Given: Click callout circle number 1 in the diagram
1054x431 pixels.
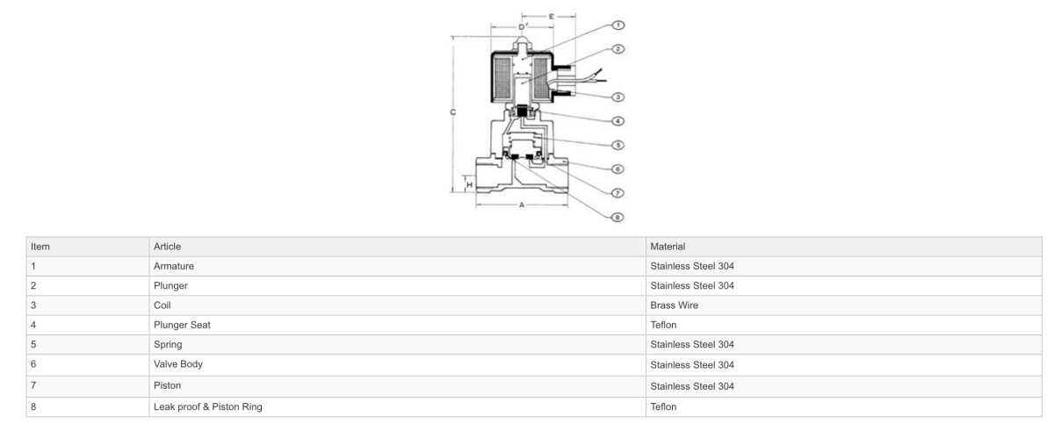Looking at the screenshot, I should click(x=617, y=25).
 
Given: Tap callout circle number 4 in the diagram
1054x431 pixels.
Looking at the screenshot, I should click(x=617, y=120).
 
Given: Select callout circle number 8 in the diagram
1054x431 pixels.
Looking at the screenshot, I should click(x=617, y=216).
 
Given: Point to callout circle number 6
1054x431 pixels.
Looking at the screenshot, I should click(x=617, y=169).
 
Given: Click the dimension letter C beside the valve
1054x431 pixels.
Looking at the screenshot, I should click(x=452, y=112).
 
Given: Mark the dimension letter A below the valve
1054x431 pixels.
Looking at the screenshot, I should click(x=522, y=205).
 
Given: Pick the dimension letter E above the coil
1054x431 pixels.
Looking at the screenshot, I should click(x=551, y=16).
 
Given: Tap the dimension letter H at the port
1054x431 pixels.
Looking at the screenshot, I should click(x=470, y=185).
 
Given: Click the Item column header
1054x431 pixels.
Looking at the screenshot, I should click(x=40, y=247).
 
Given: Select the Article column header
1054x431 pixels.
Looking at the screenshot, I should click(x=167, y=247).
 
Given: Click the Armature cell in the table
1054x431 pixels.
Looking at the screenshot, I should click(x=173, y=266).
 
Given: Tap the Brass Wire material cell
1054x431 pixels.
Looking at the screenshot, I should click(x=674, y=305).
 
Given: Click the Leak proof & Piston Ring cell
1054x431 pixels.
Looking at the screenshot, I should click(x=208, y=406).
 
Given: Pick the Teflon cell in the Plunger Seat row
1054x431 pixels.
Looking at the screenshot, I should click(x=663, y=325).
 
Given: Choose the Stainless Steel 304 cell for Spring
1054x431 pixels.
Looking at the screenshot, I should click(x=691, y=344).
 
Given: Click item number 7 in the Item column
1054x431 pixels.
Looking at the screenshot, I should click(x=33, y=386).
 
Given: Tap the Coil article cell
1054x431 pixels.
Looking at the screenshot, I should click(x=163, y=305).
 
